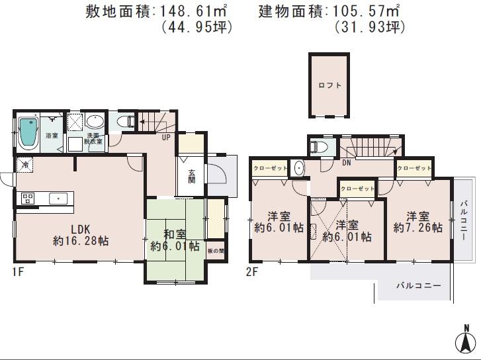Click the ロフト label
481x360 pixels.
[x=328, y=85]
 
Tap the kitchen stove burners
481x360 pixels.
[x=28, y=197]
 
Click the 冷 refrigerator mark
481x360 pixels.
[x=24, y=164]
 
